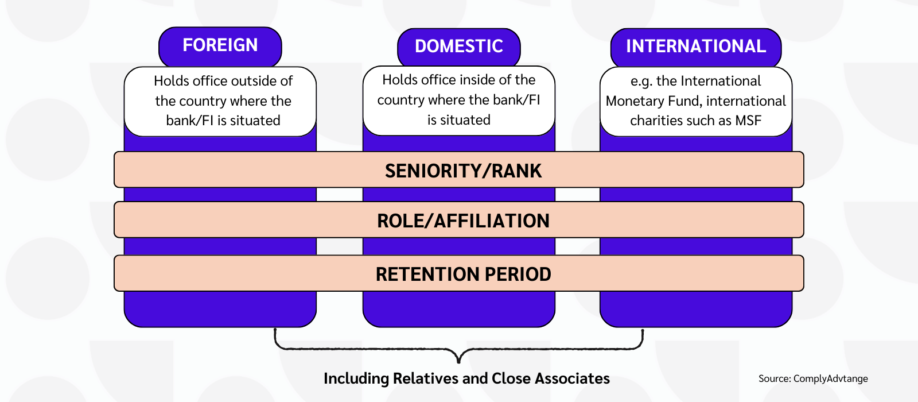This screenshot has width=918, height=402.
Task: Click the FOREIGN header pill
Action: [x=220, y=47]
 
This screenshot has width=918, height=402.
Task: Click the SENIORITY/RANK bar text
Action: [x=463, y=171]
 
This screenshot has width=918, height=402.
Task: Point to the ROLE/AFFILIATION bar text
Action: [x=463, y=221]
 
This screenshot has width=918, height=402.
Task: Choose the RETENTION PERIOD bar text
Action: [x=464, y=274]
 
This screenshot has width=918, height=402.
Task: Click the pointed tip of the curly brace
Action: [x=458, y=362]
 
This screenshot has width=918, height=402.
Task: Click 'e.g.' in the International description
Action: [x=641, y=82]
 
